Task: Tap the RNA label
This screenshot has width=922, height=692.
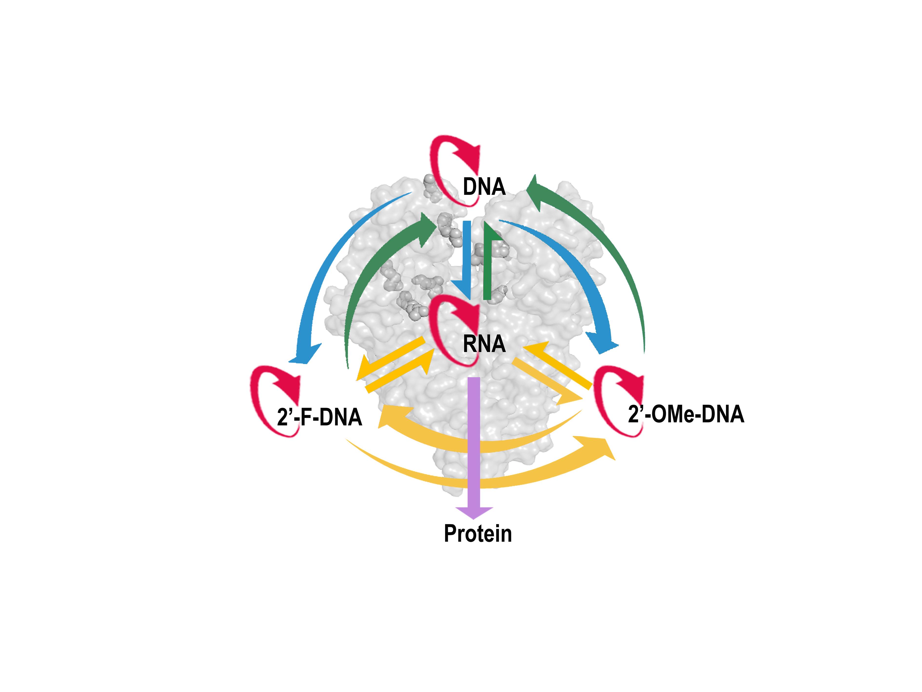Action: click(484, 344)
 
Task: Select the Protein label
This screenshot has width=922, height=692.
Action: click(478, 534)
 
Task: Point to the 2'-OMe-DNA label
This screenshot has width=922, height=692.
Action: click(686, 414)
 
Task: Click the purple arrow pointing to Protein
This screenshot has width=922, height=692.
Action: click(474, 438)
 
